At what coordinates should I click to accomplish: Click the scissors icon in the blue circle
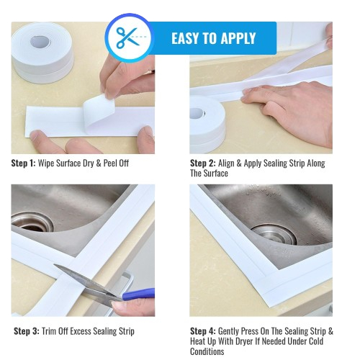click(128, 37)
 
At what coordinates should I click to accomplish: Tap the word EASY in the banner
click(189, 37)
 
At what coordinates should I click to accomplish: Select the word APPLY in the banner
click(238, 37)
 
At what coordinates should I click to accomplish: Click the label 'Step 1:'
click(23, 163)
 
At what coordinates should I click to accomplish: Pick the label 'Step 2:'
click(203, 163)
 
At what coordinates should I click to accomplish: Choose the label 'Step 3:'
click(27, 331)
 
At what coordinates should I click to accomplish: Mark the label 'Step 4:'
click(203, 331)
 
